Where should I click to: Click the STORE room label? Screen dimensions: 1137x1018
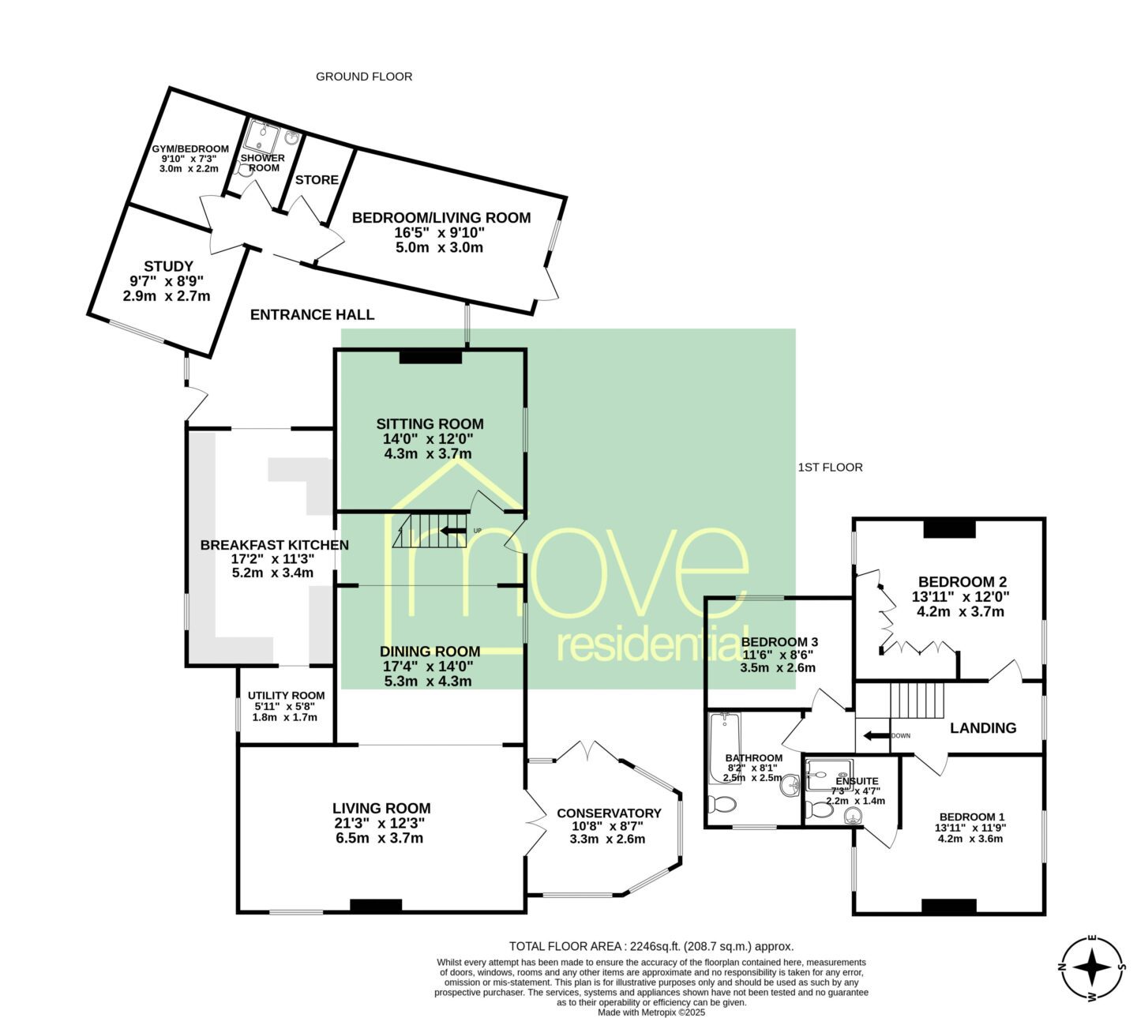point(317,180)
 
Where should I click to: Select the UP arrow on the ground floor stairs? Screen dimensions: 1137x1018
point(453,531)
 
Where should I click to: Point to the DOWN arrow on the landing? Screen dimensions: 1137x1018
point(876,735)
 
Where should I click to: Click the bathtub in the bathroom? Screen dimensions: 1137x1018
point(725,748)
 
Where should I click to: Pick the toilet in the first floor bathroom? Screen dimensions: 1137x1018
point(722,805)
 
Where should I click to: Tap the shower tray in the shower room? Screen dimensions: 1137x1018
point(262,137)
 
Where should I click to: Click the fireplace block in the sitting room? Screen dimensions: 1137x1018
point(430,356)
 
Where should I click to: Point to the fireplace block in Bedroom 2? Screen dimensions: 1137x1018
point(950,528)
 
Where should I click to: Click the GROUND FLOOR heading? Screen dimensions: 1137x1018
point(364,77)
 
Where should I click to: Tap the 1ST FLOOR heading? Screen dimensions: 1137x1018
point(830,468)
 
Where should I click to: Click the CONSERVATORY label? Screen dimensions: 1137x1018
point(609,813)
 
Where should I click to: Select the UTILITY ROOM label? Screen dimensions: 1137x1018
point(286,696)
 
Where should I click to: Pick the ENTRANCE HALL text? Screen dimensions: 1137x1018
point(312,314)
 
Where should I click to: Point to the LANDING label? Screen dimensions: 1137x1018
point(983,727)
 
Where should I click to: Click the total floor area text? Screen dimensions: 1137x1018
point(651,946)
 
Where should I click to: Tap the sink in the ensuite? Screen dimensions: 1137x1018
point(854,815)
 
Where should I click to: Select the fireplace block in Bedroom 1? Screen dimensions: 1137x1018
point(948,906)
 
